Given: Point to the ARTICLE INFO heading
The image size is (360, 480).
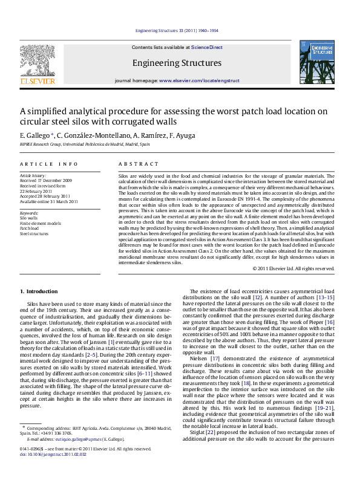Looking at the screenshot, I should pos(49,164).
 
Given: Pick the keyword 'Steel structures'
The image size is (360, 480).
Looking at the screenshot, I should pos(34,233).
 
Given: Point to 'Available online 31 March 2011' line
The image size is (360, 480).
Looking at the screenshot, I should pos(49,201).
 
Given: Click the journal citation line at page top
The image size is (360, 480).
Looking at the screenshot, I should pos(177,30).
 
